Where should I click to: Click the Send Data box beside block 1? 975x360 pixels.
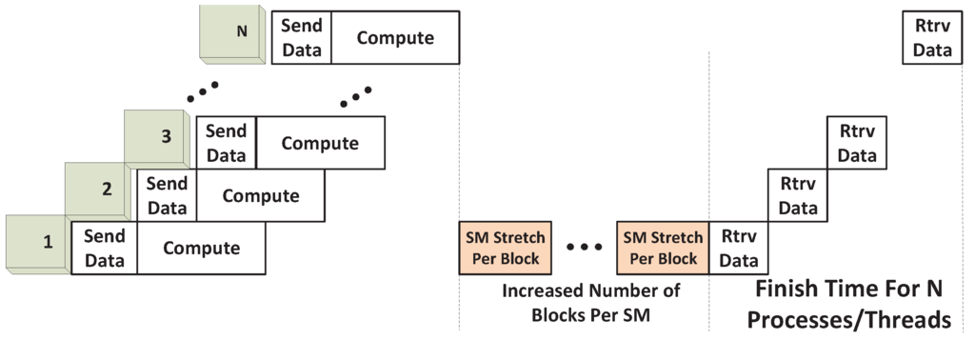click(x=105, y=250)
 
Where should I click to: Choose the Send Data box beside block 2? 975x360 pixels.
click(x=167, y=196)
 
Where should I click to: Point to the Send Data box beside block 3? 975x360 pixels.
click(x=226, y=143)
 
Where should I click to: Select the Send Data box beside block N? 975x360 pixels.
click(x=301, y=38)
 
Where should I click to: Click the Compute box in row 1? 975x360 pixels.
click(x=201, y=250)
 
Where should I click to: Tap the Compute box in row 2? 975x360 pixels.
click(x=260, y=196)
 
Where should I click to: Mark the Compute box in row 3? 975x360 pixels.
click(x=320, y=143)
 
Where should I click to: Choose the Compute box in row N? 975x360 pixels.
click(x=395, y=38)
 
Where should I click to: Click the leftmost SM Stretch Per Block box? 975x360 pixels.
click(x=501, y=248)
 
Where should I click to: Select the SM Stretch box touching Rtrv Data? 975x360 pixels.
click(x=661, y=248)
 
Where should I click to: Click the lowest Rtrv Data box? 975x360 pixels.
click(x=739, y=248)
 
